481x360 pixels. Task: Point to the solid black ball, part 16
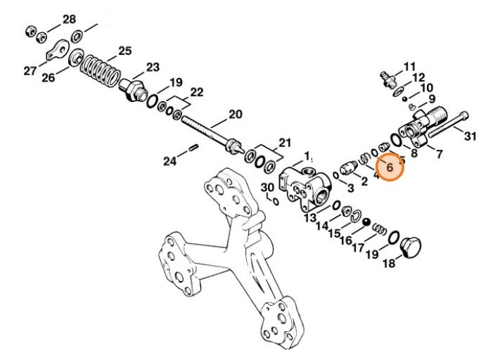tap(366, 222)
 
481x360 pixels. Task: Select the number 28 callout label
tap(69, 18)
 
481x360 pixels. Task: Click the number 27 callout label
tap(30, 70)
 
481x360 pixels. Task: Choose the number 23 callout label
tap(153, 67)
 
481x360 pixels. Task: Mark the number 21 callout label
tap(284, 142)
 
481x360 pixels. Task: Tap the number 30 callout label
tap(267, 188)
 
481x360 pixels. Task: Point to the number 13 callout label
tap(310, 218)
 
